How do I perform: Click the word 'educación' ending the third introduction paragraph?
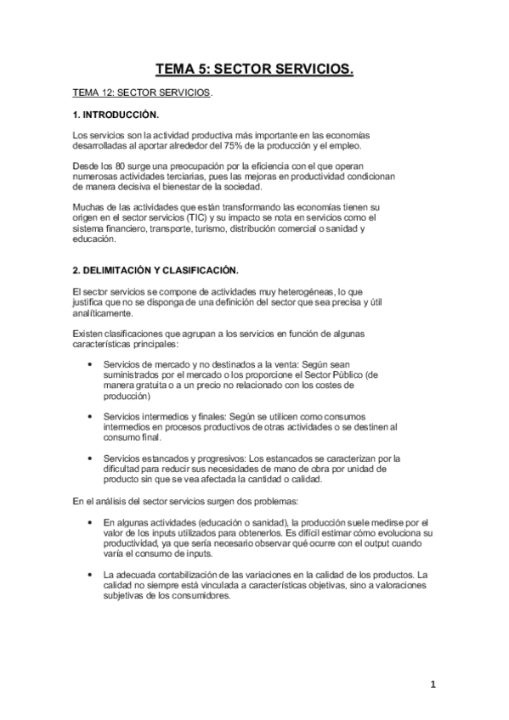pos(97,240)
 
